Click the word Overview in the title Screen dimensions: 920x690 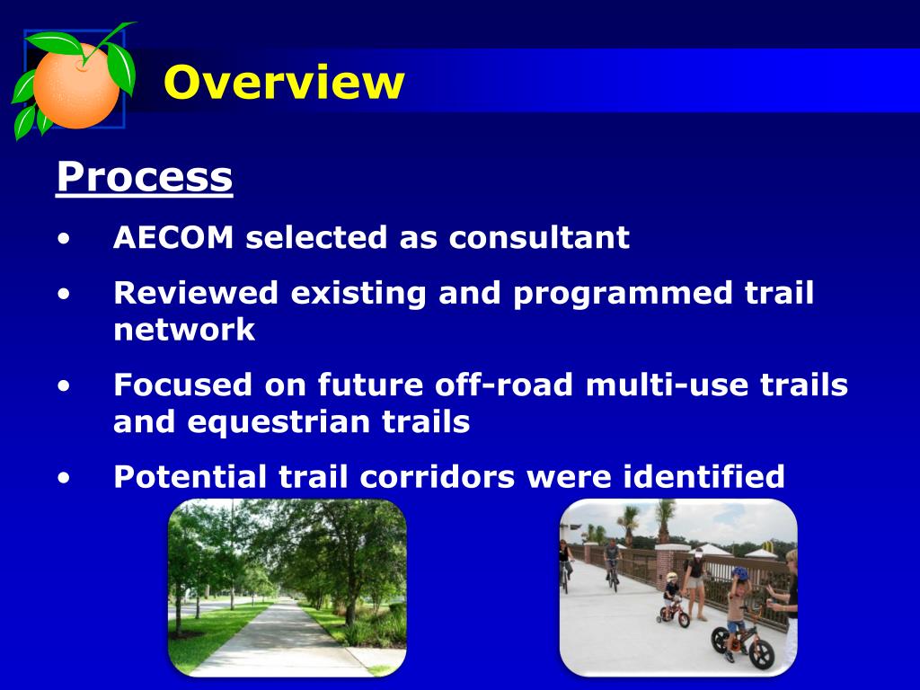pyautogui.click(x=284, y=82)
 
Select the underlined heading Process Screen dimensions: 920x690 pyautogui.click(x=145, y=178)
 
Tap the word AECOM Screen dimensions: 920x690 pyautogui.click(x=173, y=237)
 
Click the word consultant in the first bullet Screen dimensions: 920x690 pyautogui.click(x=539, y=237)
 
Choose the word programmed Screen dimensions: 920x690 pyautogui.click(x=623, y=294)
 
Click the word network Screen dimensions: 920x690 pyautogui.click(x=183, y=330)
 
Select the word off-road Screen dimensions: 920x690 pyautogui.click(x=503, y=385)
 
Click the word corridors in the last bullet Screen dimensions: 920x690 pyautogui.click(x=437, y=476)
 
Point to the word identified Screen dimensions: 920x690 pyautogui.click(x=703, y=476)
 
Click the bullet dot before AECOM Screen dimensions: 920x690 pyautogui.click(x=64, y=239)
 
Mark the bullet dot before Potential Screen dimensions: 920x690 pyautogui.click(x=64, y=477)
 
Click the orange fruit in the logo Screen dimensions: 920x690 pyautogui.click(x=75, y=85)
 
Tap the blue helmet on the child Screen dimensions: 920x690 pyautogui.click(x=740, y=572)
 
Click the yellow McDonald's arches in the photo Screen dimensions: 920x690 pyautogui.click(x=769, y=546)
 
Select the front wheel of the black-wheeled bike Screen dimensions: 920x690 pyautogui.click(x=762, y=654)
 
